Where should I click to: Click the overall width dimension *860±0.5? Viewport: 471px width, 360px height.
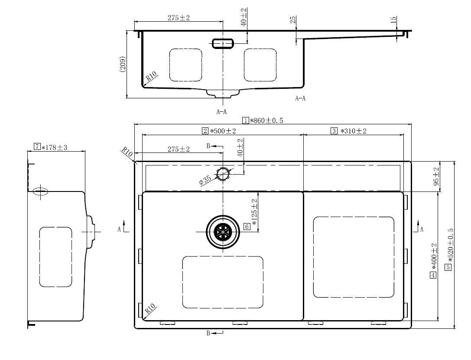tap(266, 120)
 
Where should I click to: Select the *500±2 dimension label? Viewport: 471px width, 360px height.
tap(223, 131)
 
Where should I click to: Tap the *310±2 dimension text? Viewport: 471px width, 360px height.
tap(353, 131)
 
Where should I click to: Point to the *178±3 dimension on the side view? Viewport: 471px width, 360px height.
tap(54, 147)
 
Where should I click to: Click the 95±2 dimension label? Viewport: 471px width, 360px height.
tap(436, 176)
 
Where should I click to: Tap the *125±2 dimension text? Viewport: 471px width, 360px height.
tap(254, 213)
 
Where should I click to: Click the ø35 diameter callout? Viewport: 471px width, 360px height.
tap(205, 180)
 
